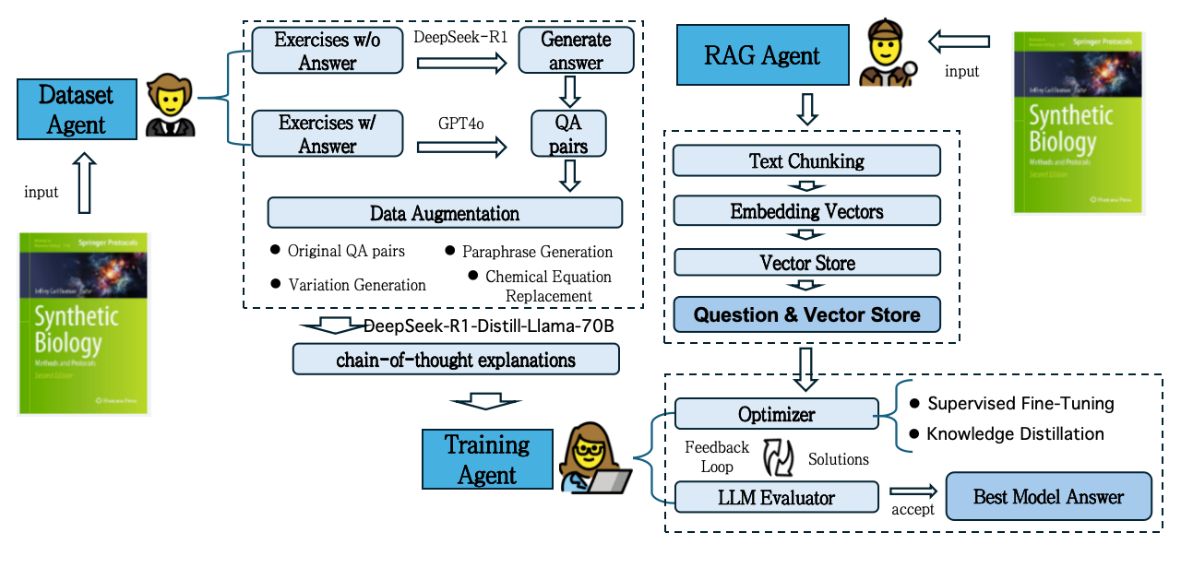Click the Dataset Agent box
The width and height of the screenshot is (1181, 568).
pyautogui.click(x=76, y=110)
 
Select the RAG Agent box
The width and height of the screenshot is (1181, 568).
pyautogui.click(x=761, y=55)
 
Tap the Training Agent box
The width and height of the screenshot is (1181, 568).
pyautogui.click(x=487, y=459)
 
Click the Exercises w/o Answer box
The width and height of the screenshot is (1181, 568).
pyautogui.click(x=328, y=52)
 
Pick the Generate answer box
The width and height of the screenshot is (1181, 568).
pyautogui.click(x=575, y=52)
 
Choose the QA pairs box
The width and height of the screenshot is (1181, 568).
pyautogui.click(x=569, y=134)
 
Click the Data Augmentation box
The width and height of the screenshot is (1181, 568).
pyautogui.click(x=444, y=213)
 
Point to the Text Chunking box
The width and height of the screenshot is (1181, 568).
pyautogui.click(x=806, y=161)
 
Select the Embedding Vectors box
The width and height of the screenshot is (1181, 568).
pyautogui.click(x=806, y=211)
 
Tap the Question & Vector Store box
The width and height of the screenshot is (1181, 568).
pyautogui.click(x=806, y=314)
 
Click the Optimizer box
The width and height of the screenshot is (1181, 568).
pyautogui.click(x=776, y=414)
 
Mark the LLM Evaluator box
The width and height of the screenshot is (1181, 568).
pyautogui.click(x=776, y=498)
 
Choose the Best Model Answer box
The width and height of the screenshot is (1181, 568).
pyautogui.click(x=1048, y=497)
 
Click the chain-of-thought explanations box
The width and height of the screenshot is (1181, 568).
pyautogui.click(x=455, y=360)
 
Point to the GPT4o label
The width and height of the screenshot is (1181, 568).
pyautogui.click(x=462, y=123)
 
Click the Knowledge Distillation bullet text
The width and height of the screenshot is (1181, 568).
pyautogui.click(x=1015, y=433)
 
